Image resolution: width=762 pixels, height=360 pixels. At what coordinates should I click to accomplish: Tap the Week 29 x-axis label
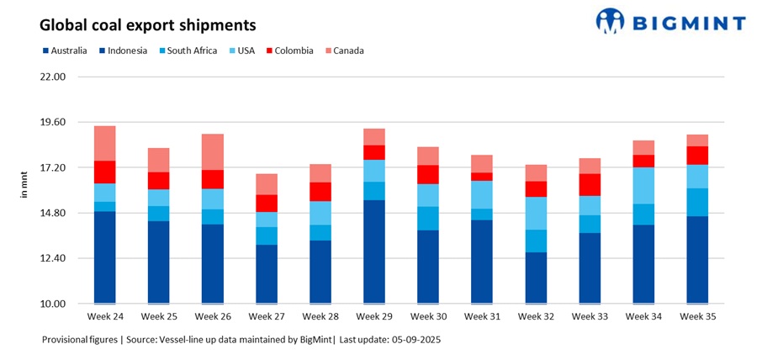point(373,317)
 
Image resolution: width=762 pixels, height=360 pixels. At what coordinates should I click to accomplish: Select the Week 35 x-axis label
point(697,317)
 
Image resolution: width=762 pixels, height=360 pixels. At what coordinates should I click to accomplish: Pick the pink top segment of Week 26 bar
point(213,151)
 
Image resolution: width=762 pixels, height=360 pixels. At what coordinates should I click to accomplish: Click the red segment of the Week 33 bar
point(590,184)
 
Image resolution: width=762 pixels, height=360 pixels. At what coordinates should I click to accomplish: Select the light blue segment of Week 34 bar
point(643,185)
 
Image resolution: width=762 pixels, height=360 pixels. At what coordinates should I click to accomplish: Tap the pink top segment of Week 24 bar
point(105,143)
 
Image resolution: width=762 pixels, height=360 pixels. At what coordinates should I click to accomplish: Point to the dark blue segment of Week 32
point(536,278)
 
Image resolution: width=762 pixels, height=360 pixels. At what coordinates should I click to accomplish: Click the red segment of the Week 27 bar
point(267,203)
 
